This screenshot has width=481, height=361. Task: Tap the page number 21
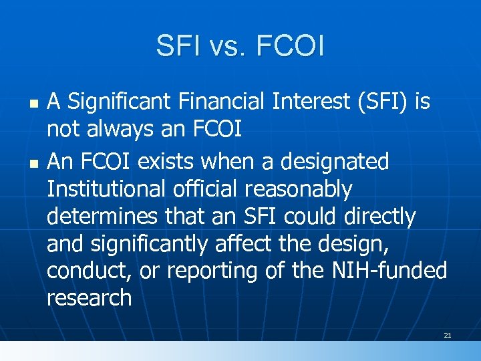coord(448,334)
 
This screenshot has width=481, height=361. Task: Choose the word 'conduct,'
coord(87,272)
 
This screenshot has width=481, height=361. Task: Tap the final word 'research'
coord(90,299)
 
